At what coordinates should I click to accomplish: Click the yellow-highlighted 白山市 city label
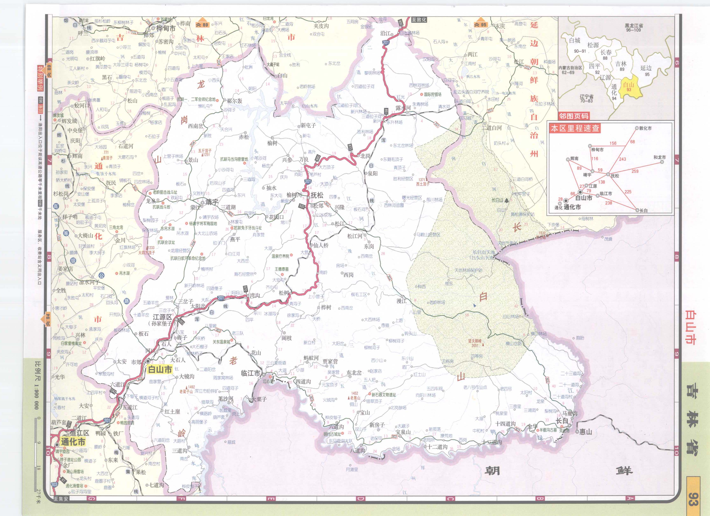(160, 369)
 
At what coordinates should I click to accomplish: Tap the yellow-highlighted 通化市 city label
(73, 442)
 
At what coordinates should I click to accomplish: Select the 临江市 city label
(251, 373)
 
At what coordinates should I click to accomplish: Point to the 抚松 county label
(317, 195)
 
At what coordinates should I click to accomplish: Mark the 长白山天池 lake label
(484, 255)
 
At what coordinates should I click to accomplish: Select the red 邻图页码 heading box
(574, 116)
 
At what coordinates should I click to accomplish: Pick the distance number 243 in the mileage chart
(622, 159)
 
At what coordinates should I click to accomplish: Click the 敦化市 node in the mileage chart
(645, 128)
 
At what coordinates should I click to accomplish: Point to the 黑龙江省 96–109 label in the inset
(634, 28)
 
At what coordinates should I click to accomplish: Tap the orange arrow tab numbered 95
(480, 25)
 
